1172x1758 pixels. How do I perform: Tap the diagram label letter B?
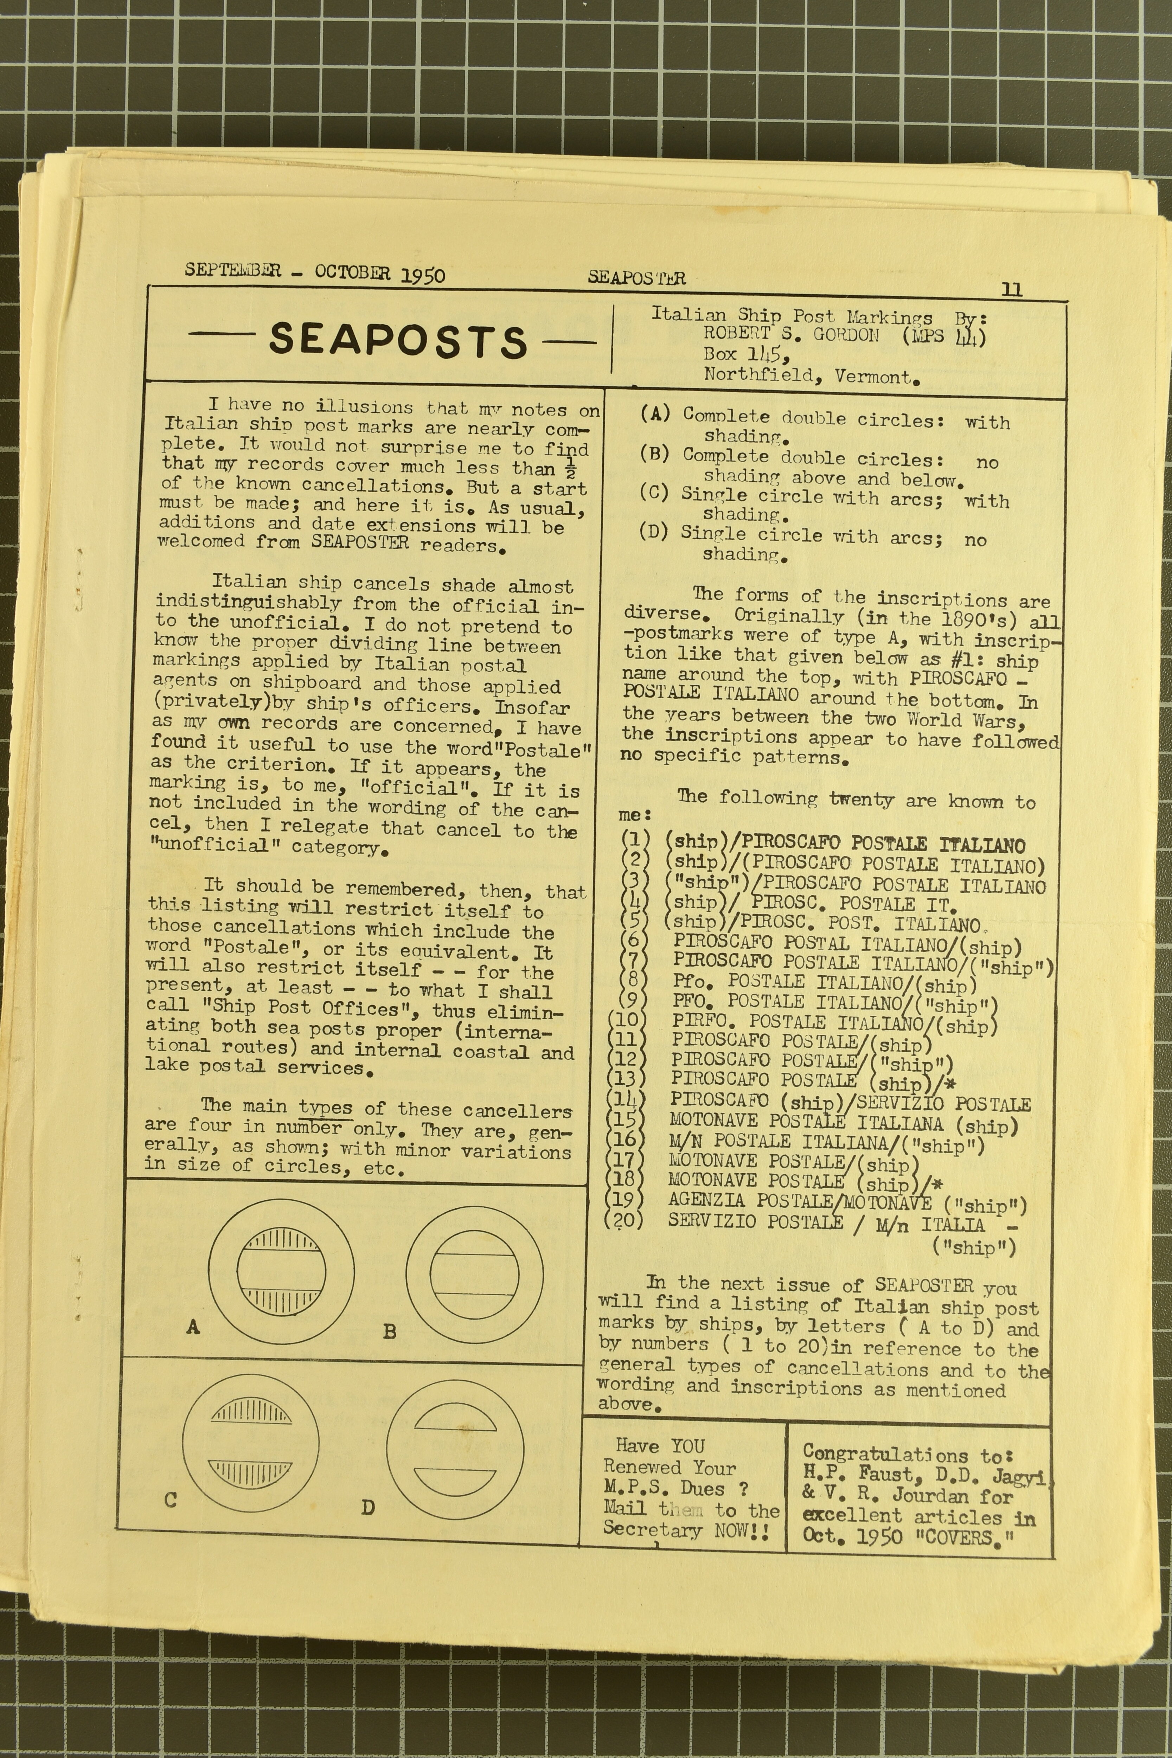point(389,1331)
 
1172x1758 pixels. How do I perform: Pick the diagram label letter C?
point(171,1500)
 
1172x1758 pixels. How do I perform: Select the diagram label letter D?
point(368,1507)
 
